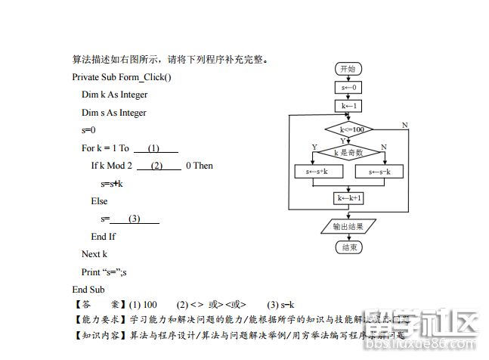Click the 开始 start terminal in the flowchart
348,69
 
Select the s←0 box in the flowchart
348,87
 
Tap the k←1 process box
348,106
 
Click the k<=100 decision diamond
348,129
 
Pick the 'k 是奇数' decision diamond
348,152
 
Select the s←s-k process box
379,172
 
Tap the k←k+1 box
348,198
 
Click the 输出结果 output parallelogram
348,226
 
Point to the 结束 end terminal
348,247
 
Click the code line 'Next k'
94,254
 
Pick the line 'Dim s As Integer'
114,113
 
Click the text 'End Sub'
88,289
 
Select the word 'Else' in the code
99,201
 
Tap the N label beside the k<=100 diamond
404,125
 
